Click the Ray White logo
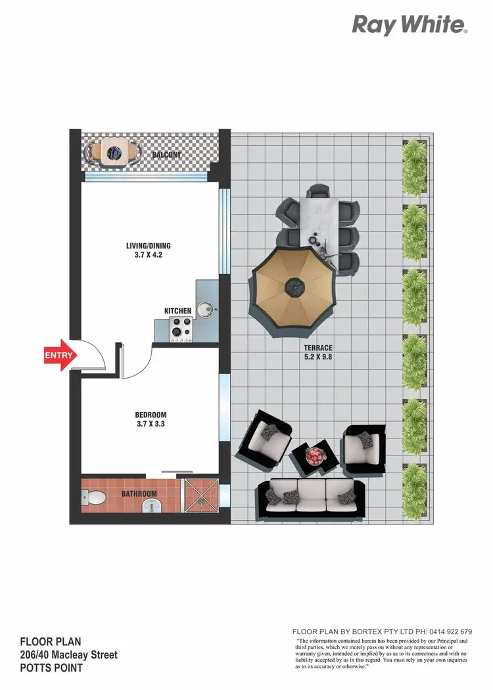[x=410, y=25]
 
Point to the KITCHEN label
[x=177, y=311]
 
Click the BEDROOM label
[x=151, y=415]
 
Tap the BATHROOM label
[x=139, y=494]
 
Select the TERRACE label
[x=318, y=348]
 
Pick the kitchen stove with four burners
[x=181, y=329]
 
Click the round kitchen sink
[x=207, y=308]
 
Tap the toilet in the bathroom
[x=93, y=499]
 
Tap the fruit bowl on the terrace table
[x=314, y=454]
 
